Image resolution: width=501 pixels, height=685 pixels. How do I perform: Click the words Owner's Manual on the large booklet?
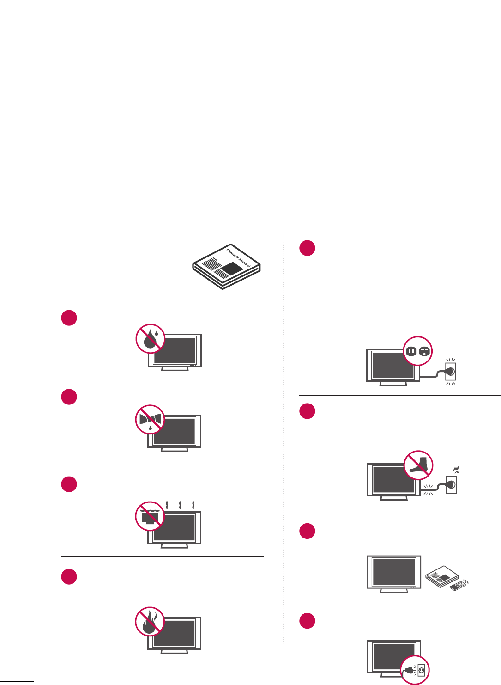(238, 257)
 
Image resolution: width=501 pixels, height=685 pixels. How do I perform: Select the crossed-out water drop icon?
(151, 339)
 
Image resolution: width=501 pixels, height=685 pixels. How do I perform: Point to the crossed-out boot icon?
(418, 465)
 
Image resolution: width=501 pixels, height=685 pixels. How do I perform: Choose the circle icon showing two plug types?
(418, 351)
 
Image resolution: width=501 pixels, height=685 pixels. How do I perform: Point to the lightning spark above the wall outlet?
(457, 470)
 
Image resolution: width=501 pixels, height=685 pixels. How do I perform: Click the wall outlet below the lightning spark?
(451, 484)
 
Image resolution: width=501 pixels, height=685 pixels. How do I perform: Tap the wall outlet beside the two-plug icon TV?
(450, 371)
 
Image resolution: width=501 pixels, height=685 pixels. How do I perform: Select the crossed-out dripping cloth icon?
(150, 420)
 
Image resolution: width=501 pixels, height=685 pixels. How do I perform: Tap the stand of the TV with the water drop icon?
(175, 368)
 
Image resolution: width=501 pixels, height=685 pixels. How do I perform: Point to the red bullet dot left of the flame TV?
(69, 576)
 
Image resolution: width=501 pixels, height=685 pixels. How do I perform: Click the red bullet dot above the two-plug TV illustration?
(307, 248)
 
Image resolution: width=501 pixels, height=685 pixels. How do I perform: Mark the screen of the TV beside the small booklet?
(393, 572)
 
